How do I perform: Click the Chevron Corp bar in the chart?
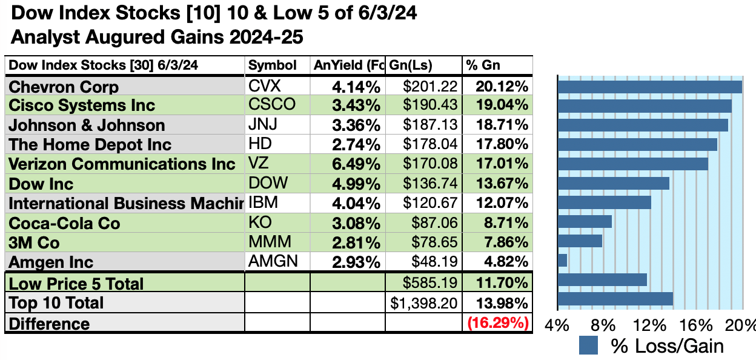click(x=649, y=87)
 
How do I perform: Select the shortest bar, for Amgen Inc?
click(x=562, y=260)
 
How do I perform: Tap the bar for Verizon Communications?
click(x=632, y=164)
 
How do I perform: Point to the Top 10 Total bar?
click(x=615, y=299)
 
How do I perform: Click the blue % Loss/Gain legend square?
click(x=588, y=345)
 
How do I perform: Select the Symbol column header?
click(x=273, y=65)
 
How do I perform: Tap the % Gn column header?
click(x=483, y=65)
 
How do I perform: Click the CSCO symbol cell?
click(x=272, y=104)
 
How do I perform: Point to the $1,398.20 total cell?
click(x=425, y=303)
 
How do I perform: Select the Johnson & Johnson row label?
click(x=87, y=125)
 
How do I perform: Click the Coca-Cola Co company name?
click(x=64, y=223)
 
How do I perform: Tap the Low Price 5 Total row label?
click(x=76, y=284)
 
